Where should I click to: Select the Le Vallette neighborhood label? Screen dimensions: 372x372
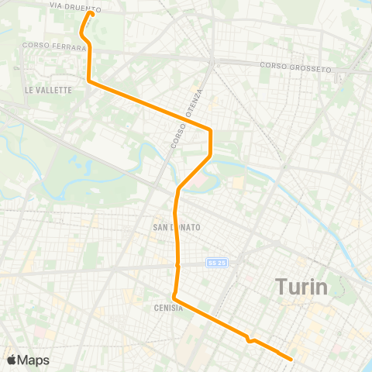48,90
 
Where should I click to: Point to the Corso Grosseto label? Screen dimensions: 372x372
295,67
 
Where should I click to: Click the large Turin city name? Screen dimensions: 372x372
302,287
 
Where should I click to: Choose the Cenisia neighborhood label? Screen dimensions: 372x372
168,308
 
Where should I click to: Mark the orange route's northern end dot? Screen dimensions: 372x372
91,13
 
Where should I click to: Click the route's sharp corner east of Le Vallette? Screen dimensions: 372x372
90,80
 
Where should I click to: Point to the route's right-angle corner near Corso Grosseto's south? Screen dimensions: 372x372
210,129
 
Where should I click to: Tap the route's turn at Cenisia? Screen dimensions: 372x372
174,298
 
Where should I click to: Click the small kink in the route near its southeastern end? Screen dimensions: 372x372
250,339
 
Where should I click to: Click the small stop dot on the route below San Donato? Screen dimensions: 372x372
177,266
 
